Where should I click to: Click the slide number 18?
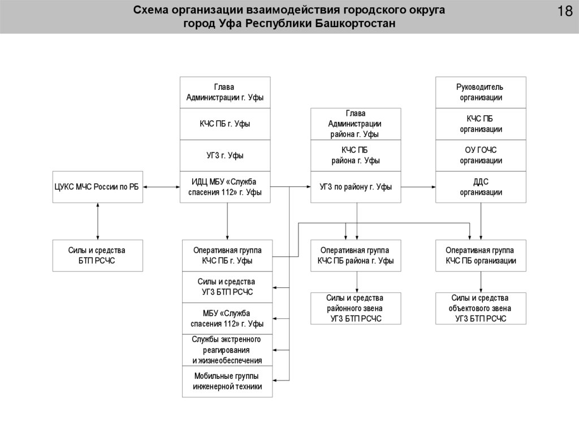coord(564,12)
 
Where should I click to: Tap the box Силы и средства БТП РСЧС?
coord(98,255)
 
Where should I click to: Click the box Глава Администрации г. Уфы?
coord(225,93)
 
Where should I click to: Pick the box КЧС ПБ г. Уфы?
coord(225,124)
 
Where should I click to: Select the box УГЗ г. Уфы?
coord(225,155)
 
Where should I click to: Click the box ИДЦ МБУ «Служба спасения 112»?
coord(225,187)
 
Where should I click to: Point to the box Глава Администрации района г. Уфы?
coord(356,124)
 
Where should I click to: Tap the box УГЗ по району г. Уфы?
coord(356,187)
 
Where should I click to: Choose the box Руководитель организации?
coord(481,93)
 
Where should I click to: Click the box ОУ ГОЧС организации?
coord(481,155)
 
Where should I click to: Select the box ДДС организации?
coord(481,187)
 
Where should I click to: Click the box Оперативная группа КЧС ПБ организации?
coord(481,255)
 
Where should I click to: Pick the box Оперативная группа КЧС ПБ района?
coord(356,255)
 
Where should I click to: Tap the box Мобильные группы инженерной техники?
coord(227,382)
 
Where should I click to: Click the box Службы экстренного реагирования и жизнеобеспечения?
coord(227,350)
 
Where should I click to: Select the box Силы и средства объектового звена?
coord(481,308)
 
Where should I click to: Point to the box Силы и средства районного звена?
coord(356,308)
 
